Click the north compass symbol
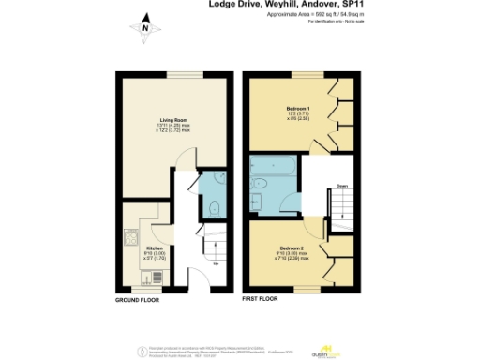click(x=145, y=28)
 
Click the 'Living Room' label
click(x=173, y=120)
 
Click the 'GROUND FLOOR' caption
click(x=137, y=299)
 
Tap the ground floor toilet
click(x=214, y=208)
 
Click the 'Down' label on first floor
click(x=343, y=186)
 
